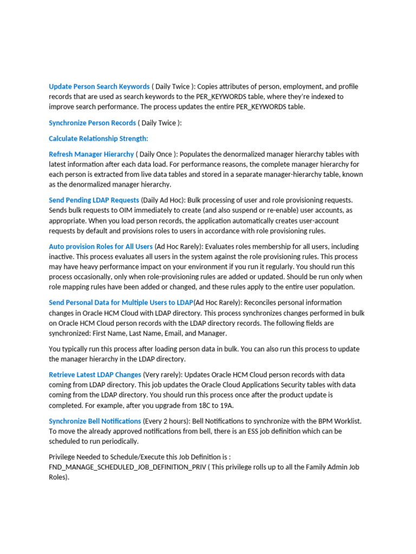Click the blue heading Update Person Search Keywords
(99, 87)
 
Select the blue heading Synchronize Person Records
(92, 123)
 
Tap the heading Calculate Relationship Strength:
(98, 138)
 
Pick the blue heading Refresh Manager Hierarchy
(91, 154)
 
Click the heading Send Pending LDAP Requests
(94, 200)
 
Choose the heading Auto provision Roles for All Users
(101, 246)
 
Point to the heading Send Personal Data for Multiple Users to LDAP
(121, 302)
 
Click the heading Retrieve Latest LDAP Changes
(95, 374)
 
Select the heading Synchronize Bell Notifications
(95, 421)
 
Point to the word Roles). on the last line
(59, 477)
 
